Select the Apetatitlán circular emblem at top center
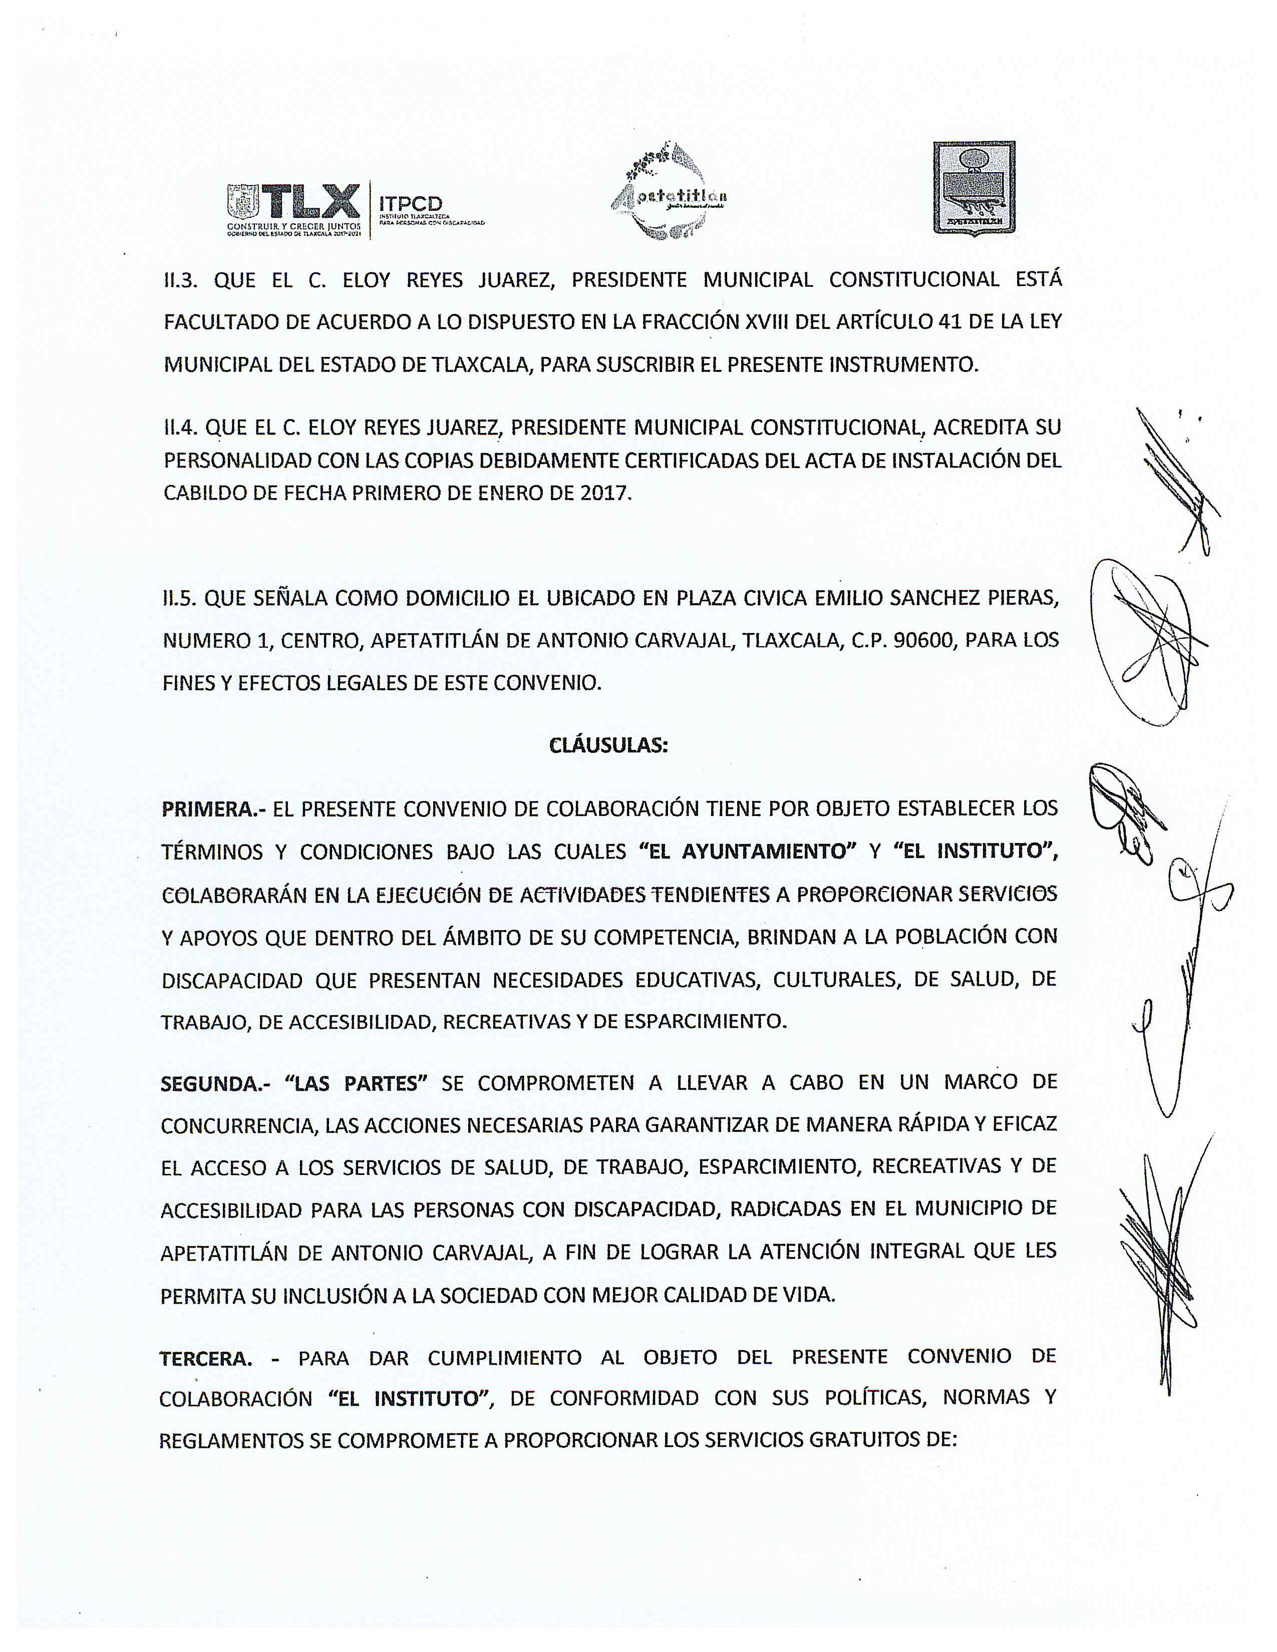(x=669, y=193)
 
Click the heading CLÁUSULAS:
(x=608, y=745)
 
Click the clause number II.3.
(x=181, y=281)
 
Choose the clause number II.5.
(x=179, y=598)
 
